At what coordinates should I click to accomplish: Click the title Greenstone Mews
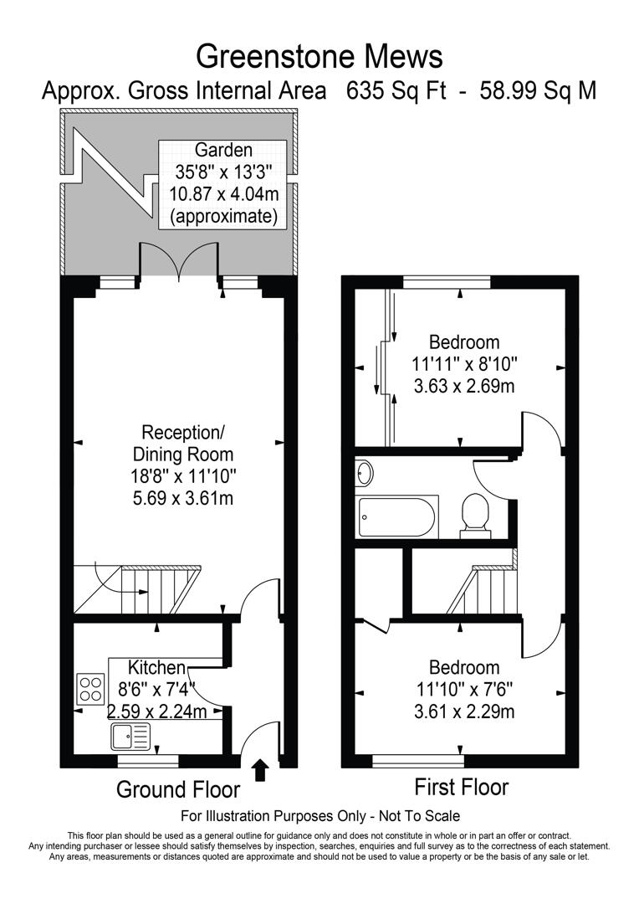pos(319,56)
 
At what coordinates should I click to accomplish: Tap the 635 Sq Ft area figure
pos(397,90)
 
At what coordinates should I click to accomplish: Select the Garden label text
pos(222,151)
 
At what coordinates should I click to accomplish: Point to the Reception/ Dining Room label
pos(183,444)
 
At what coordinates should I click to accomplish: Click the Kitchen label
pos(156,667)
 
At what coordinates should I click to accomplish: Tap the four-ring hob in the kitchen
pos(90,688)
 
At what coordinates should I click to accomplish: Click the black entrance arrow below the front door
pos(260,769)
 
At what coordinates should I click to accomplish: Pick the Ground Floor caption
pos(177,789)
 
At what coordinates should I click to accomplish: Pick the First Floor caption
pos(461,787)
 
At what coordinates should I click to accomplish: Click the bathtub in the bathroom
pos(396,517)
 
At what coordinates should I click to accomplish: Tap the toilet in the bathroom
pos(475,511)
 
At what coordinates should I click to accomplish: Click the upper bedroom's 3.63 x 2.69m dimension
pos(463,386)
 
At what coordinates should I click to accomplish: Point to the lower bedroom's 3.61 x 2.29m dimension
pos(463,711)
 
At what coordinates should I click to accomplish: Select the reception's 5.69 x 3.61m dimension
pos(183,499)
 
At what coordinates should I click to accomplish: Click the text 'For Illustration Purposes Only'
pos(272,815)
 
